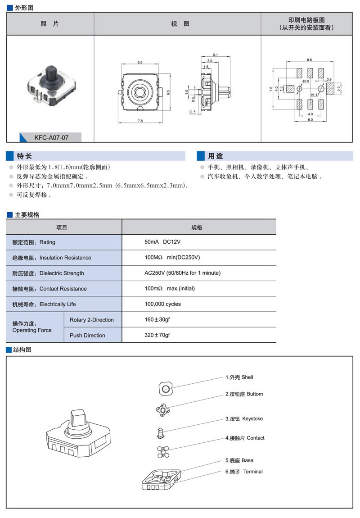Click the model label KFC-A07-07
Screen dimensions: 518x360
click(x=51, y=137)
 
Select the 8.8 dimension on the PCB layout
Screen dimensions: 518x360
click(x=309, y=60)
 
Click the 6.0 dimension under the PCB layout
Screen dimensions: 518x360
click(x=310, y=120)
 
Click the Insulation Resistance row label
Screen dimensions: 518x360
click(x=52, y=258)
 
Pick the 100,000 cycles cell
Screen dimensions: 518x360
click(x=162, y=304)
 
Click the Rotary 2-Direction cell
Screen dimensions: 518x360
click(x=92, y=320)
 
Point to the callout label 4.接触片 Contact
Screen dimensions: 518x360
click(x=245, y=438)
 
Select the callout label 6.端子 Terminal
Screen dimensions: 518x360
click(x=244, y=472)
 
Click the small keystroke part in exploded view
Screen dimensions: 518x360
click(x=160, y=433)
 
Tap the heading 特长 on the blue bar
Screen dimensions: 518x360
click(x=24, y=156)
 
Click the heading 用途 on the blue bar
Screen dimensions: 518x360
click(x=215, y=156)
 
